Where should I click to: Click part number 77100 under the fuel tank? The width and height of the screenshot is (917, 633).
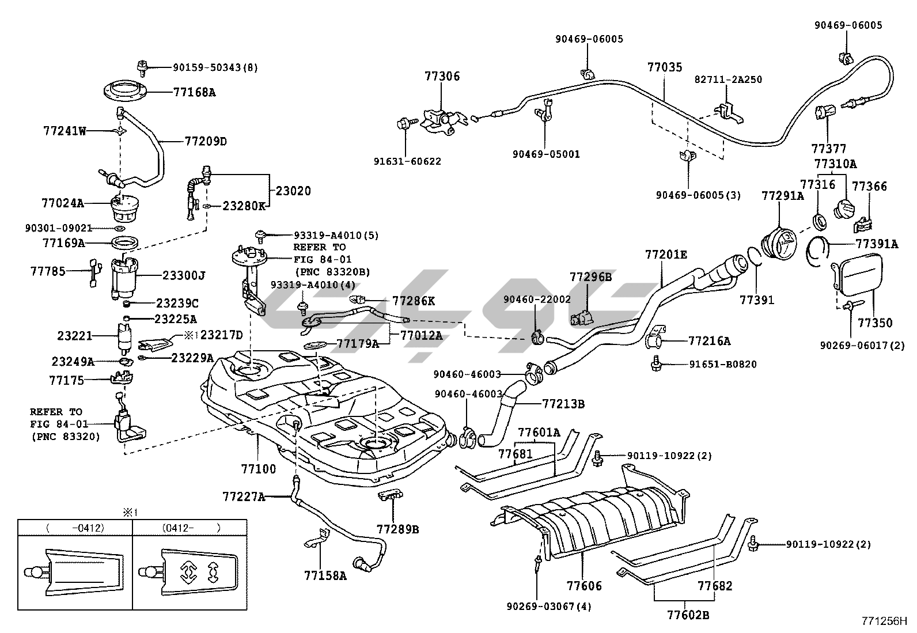[x=258, y=469]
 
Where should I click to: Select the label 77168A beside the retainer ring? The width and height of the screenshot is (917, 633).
[x=194, y=92]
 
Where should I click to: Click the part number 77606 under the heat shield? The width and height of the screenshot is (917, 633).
[x=584, y=586]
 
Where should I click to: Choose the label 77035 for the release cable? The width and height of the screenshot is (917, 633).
[x=664, y=67]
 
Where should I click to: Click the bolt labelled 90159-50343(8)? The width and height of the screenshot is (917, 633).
[x=142, y=67]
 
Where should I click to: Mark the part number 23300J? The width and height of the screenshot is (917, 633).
[x=185, y=275]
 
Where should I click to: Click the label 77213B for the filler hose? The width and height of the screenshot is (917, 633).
[x=563, y=404]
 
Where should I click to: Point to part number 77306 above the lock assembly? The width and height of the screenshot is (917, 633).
[x=442, y=76]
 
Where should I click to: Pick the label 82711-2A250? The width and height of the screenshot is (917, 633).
[x=727, y=79]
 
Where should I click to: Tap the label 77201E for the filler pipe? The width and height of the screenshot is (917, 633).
[x=666, y=255]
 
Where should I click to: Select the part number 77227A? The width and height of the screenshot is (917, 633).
[x=244, y=496]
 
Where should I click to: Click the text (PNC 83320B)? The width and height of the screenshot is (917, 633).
[x=332, y=272]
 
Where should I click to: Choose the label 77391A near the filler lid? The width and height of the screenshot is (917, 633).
[x=876, y=244]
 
